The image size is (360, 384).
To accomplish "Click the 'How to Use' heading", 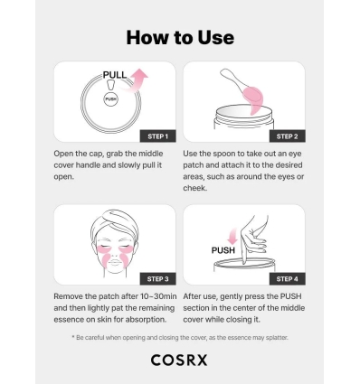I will pyautogui.click(x=180, y=37).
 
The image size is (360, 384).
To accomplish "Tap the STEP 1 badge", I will pyautogui.click(x=155, y=136).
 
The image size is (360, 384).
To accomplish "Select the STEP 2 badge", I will pyautogui.click(x=286, y=136).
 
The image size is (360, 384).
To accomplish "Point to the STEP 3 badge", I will pyautogui.click(x=155, y=278).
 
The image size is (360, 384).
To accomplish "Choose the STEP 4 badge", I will pyautogui.click(x=286, y=278).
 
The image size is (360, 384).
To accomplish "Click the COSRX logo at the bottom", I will pyautogui.click(x=180, y=360).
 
